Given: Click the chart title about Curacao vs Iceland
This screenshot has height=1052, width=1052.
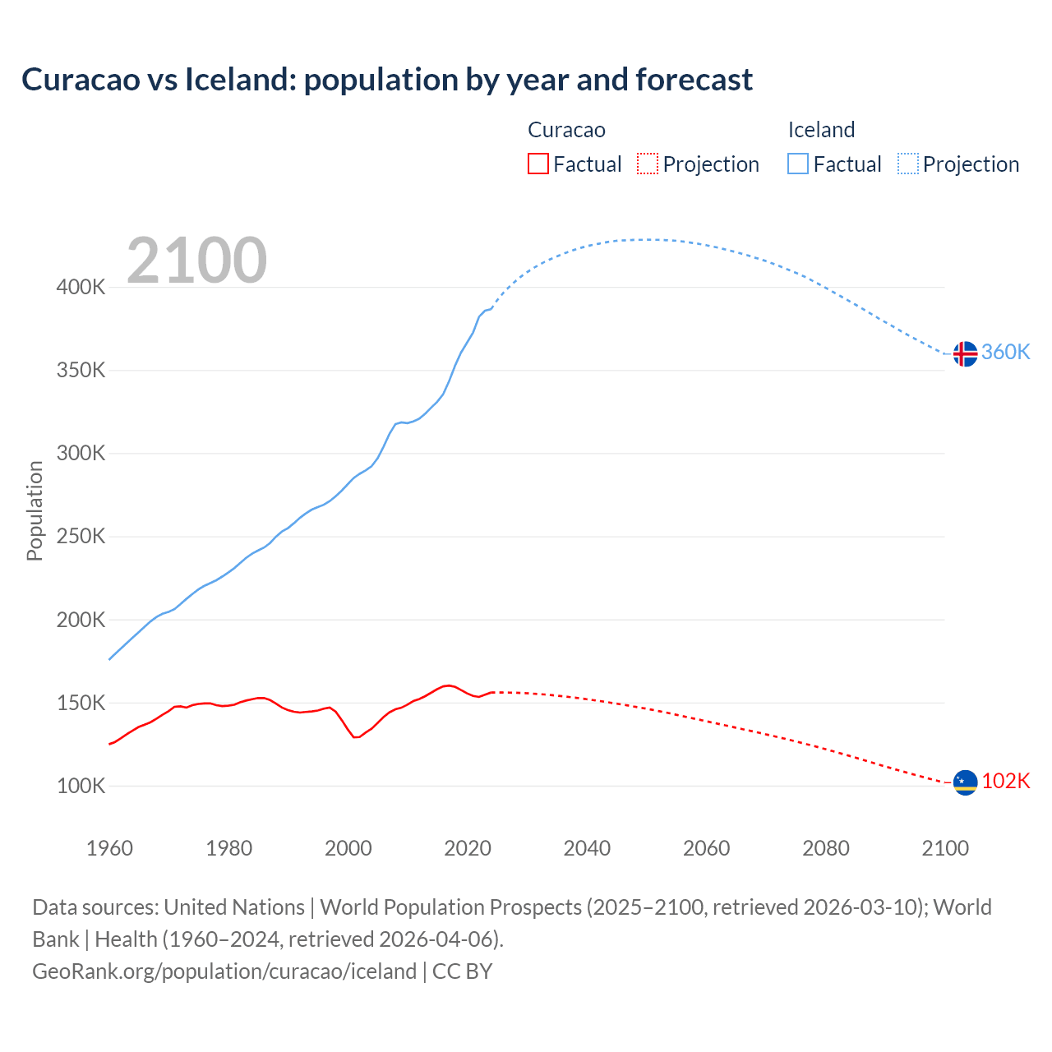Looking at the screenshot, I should pyautogui.click(x=387, y=80).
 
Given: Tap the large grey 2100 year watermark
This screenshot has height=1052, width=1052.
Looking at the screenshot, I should pyautogui.click(x=196, y=261).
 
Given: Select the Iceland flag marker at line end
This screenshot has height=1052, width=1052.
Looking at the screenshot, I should pyautogui.click(x=965, y=353).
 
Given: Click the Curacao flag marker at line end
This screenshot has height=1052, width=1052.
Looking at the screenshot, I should pyautogui.click(x=965, y=782).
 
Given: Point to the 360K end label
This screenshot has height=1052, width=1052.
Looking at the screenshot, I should pyautogui.click(x=1006, y=353).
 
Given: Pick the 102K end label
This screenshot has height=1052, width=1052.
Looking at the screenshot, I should pyautogui.click(x=1006, y=782).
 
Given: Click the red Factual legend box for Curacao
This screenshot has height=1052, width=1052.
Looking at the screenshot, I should pyautogui.click(x=538, y=164).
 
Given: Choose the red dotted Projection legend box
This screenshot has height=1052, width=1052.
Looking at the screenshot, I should pyautogui.click(x=648, y=164).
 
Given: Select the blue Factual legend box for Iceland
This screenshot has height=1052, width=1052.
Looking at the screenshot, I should pyautogui.click(x=798, y=164).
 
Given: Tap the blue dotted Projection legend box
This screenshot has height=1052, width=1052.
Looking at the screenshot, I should pyautogui.click(x=908, y=164).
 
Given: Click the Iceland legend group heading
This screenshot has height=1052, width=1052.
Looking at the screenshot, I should pyautogui.click(x=821, y=130).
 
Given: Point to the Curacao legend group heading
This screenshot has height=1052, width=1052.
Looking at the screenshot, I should pyautogui.click(x=566, y=130).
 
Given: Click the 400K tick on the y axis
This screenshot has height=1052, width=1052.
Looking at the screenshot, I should pyautogui.click(x=81, y=288).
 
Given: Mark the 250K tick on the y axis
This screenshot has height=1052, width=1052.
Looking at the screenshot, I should pyautogui.click(x=81, y=537).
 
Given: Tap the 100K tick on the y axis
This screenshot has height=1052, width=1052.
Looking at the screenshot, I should pyautogui.click(x=81, y=787).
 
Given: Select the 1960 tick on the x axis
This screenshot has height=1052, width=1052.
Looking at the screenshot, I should pyautogui.click(x=109, y=848).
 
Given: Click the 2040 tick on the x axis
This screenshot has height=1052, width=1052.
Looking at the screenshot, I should pyautogui.click(x=587, y=848).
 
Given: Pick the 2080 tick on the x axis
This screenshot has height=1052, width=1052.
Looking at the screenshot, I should pyautogui.click(x=826, y=848).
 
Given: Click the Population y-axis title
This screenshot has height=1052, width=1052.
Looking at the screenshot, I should pyautogui.click(x=35, y=510).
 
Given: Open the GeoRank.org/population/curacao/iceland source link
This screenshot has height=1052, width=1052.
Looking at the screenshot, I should pyautogui.click(x=224, y=971).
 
